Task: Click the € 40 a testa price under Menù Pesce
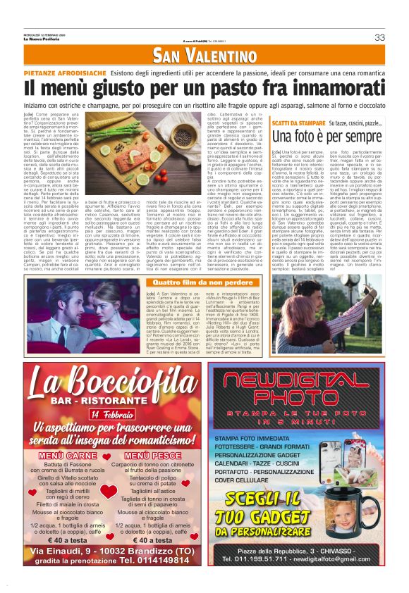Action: pos(150,540)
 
